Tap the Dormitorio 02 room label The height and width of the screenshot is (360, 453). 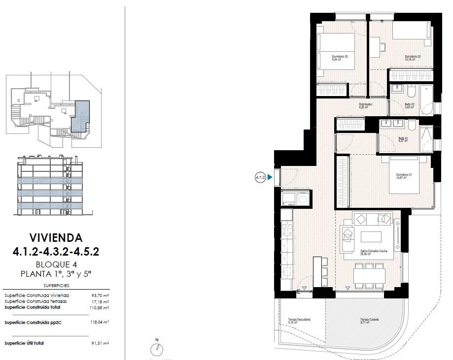click(412, 58)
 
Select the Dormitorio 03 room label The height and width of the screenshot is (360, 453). click(340, 58)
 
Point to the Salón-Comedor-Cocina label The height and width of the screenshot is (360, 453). click(373, 253)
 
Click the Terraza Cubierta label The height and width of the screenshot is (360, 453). click(369, 321)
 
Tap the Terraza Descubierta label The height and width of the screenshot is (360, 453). click(299, 321)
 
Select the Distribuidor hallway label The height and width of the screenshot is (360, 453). click(365, 105)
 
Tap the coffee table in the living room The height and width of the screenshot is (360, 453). click(371, 237)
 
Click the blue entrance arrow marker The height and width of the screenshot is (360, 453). click(270, 177)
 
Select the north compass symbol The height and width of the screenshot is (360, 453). click(157, 349)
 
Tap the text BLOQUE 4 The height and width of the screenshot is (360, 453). click(56, 264)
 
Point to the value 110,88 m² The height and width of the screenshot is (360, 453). click(99, 307)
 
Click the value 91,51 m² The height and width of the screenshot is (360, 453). click(100, 343)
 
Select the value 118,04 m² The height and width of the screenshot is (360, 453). click(99, 322)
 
